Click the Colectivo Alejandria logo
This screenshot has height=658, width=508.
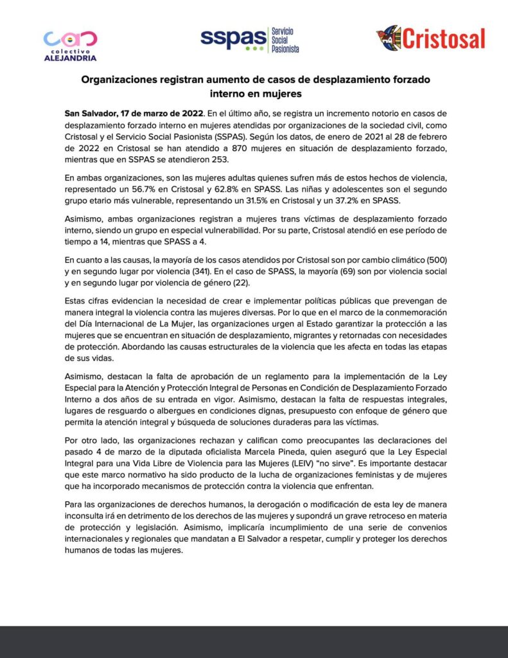70,44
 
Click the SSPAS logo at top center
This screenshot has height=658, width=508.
249,40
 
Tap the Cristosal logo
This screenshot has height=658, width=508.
430,39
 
